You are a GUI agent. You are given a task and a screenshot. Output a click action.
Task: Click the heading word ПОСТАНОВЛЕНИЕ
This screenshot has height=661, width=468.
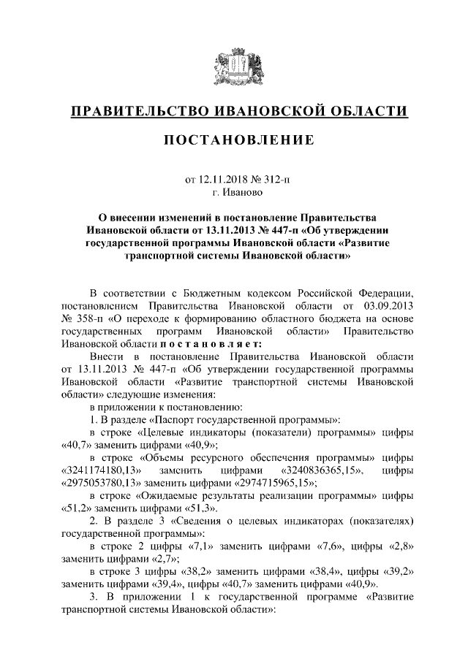[234, 140]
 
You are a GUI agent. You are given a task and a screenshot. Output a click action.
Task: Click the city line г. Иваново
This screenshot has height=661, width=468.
[234, 193]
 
